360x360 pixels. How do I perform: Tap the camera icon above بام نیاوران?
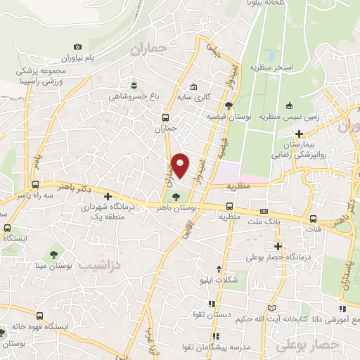(x=77, y=46)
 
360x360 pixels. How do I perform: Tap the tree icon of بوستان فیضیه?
(x=229, y=104)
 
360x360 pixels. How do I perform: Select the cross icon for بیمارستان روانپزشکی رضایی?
(x=300, y=133)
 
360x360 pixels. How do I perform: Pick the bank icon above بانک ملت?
(x=264, y=211)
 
